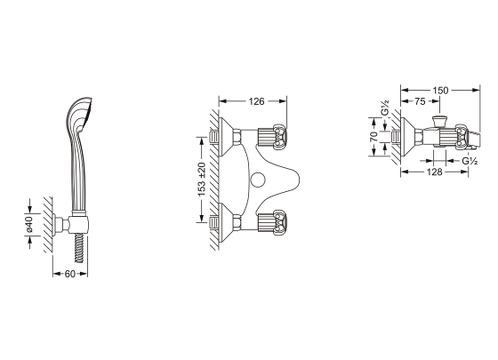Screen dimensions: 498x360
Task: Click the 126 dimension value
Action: (x=256, y=101)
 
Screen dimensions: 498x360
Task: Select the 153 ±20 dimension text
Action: (x=202, y=180)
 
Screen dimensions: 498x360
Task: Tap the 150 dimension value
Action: (x=440, y=91)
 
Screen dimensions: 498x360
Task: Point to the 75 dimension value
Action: (x=420, y=101)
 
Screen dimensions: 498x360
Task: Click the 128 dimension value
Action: (x=434, y=172)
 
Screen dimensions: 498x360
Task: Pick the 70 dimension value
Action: (x=374, y=137)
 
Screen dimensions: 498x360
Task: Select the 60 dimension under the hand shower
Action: (x=70, y=274)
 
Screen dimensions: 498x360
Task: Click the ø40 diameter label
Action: (x=28, y=224)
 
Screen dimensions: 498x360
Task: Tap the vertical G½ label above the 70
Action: (x=384, y=108)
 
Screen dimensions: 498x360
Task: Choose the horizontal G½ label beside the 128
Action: (x=470, y=161)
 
